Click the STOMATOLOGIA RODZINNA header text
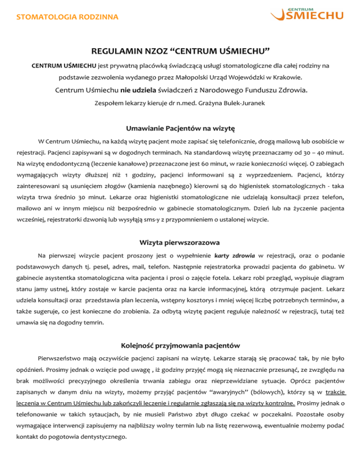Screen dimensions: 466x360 (67, 18)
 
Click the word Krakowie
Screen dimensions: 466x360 (287, 76)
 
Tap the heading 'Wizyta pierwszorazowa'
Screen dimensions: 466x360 (180, 243)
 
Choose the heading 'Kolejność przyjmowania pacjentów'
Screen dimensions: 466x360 (180, 346)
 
